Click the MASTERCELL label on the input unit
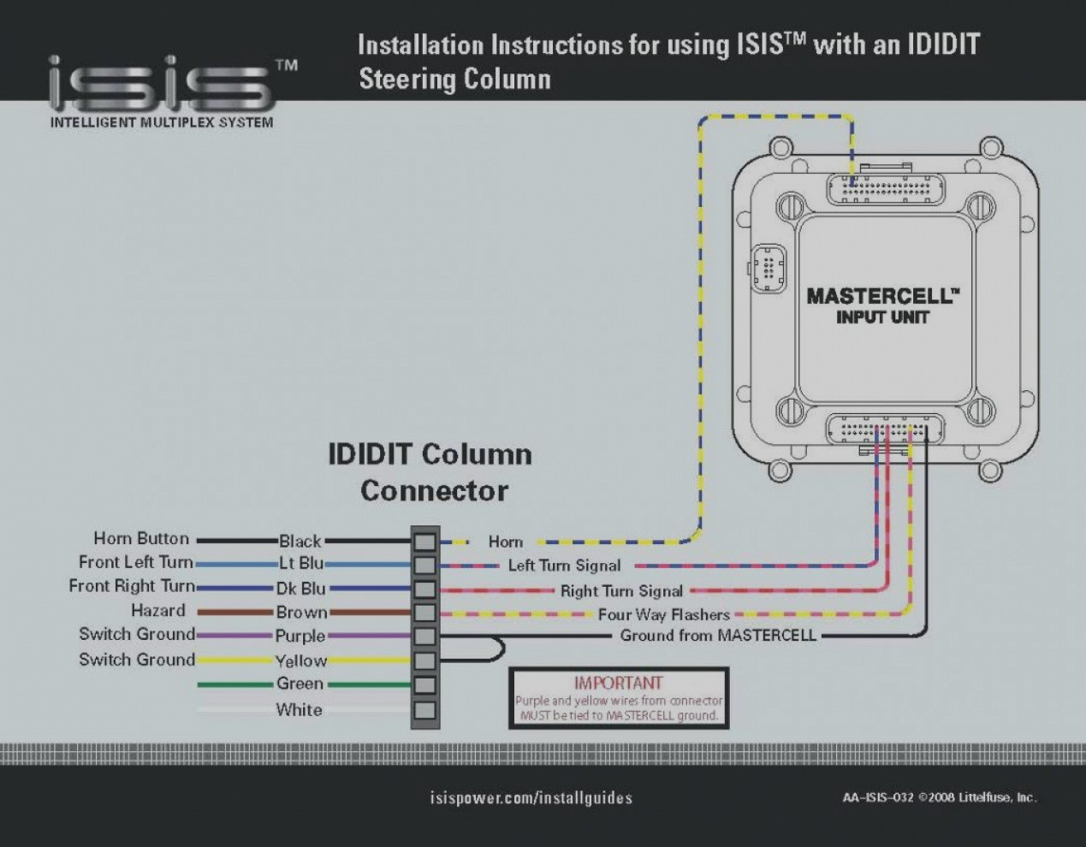point(881,296)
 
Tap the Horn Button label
point(141,539)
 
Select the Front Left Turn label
point(135,563)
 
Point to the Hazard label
point(157,611)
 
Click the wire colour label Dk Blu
point(300,589)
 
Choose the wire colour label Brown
point(301,613)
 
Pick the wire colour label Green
point(300,684)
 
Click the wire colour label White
point(299,709)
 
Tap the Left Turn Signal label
point(564,566)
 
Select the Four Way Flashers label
point(663,614)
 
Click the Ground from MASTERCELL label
point(717,636)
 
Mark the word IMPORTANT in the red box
point(618,683)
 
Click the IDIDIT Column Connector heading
point(430,471)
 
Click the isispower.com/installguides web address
point(531,797)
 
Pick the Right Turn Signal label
point(621,590)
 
